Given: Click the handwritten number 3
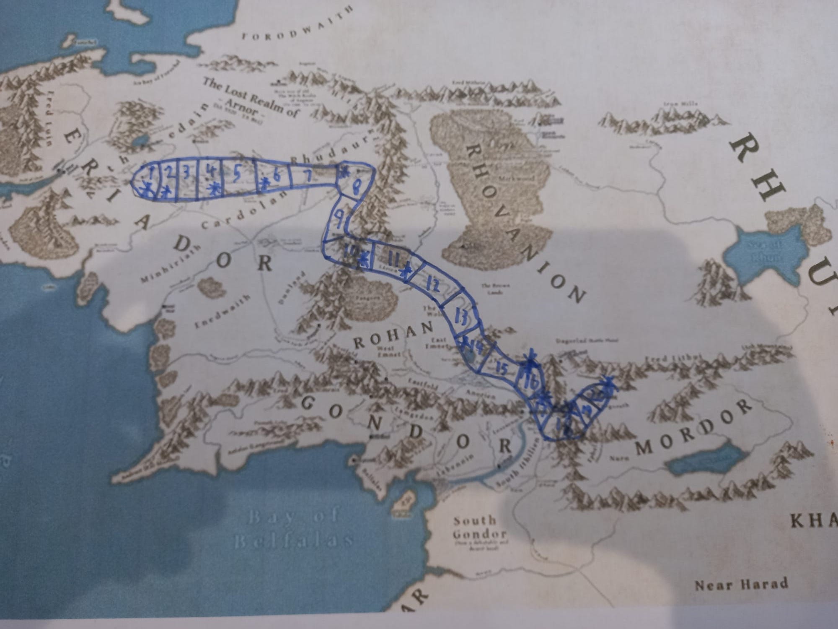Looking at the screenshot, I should coord(187,172).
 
